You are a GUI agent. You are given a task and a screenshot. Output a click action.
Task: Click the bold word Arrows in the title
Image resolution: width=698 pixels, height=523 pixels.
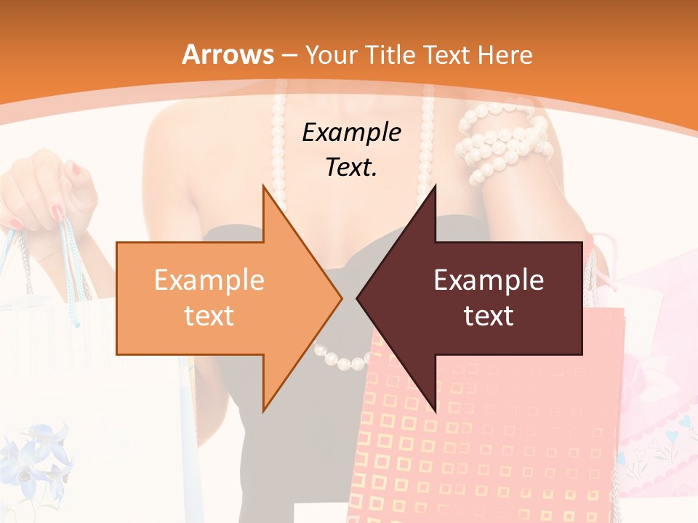[228, 54]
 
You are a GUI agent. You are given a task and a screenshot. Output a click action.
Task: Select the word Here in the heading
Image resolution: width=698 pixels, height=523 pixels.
[505, 55]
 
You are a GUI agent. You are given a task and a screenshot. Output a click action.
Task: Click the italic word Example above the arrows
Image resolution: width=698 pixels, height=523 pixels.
[351, 133]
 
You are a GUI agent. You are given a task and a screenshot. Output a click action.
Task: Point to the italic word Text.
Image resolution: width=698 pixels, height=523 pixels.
[351, 168]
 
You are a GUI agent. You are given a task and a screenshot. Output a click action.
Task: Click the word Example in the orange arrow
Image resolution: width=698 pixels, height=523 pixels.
[209, 280]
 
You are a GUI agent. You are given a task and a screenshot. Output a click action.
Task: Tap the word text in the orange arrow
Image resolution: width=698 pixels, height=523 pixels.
[209, 316]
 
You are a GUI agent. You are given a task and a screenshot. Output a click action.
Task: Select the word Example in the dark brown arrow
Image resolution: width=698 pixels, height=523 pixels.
[489, 280]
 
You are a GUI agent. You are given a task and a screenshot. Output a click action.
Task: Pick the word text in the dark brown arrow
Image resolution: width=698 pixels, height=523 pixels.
[489, 316]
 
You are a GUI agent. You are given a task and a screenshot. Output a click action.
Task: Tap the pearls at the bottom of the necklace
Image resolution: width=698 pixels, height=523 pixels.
[342, 357]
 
